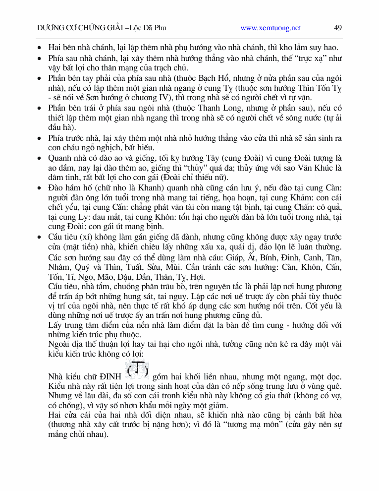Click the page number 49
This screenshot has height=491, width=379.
pyautogui.click(x=338, y=28)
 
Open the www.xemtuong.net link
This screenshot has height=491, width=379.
pyautogui.click(x=271, y=28)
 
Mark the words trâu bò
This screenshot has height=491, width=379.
pyautogui.click(x=164, y=287)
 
